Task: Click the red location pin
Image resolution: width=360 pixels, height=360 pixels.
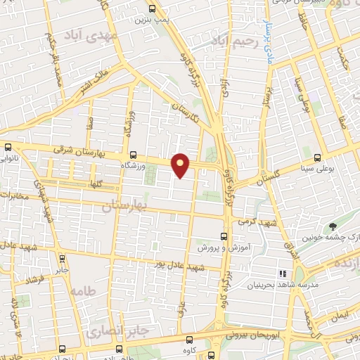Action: tap(181, 165)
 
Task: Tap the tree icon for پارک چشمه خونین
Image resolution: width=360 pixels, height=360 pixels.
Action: tap(333, 226)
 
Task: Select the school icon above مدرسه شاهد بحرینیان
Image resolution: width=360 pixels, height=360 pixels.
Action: tap(282, 273)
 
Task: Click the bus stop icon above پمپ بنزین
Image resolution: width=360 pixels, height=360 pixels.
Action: tap(153, 9)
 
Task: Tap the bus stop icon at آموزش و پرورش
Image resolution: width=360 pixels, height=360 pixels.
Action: tap(224, 236)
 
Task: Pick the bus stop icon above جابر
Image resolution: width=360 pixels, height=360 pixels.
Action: tap(62, 257)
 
